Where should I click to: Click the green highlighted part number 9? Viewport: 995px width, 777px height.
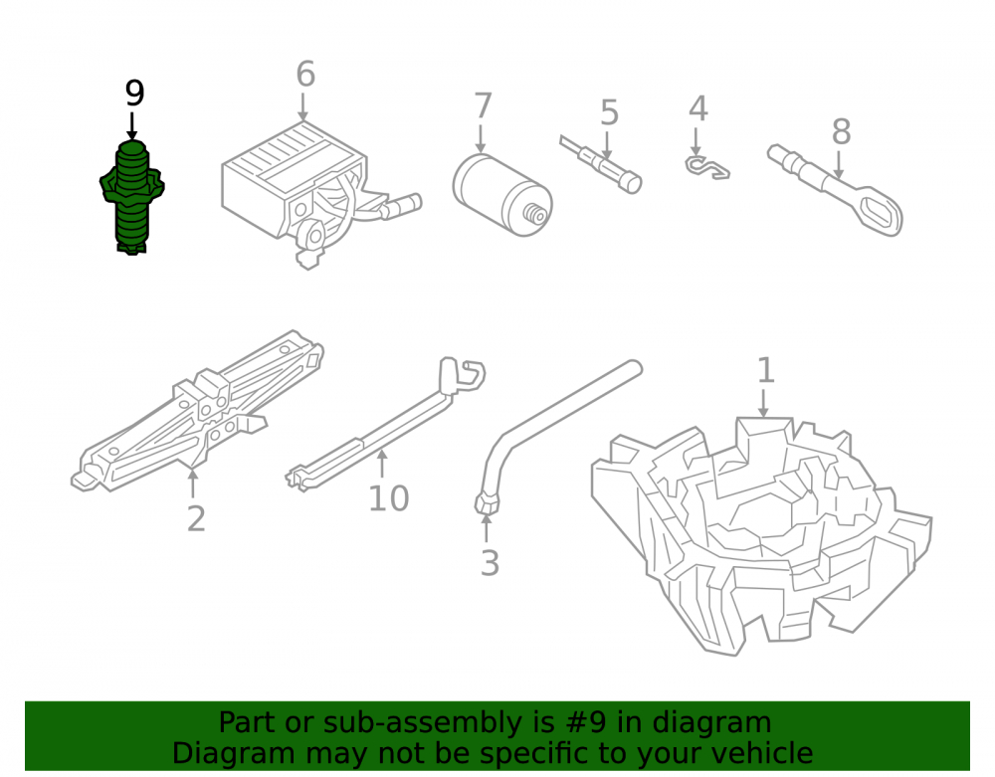tap(132, 197)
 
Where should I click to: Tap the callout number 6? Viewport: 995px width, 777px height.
tap(305, 75)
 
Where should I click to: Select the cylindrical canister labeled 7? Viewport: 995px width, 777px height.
tap(501, 194)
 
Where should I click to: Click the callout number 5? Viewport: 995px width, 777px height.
tap(609, 112)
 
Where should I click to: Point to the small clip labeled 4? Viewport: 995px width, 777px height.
tap(706, 167)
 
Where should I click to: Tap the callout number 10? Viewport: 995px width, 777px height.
tap(388, 498)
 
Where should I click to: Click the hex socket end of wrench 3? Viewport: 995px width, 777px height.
tap(487, 503)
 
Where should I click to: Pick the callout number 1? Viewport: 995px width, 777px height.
tap(766, 370)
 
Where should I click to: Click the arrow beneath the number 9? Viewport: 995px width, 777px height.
tap(132, 125)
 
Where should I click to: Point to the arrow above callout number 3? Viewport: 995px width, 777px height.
tap(487, 527)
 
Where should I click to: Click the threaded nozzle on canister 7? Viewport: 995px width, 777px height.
tap(536, 215)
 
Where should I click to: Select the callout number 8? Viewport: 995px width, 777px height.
tap(841, 132)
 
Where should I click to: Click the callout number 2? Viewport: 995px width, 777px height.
tap(196, 519)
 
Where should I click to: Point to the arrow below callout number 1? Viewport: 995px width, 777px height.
tap(763, 403)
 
